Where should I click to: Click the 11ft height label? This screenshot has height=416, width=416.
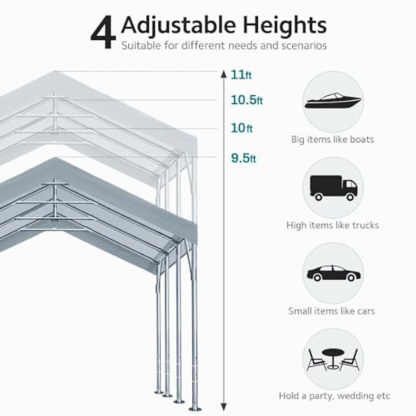(241, 75)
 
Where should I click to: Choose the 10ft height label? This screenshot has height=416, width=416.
(242, 128)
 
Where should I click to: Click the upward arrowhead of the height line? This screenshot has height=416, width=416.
(224, 74)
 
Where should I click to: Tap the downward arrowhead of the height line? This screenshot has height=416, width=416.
(224, 407)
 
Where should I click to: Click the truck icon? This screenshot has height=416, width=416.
(333, 188)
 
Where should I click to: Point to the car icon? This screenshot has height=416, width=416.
(333, 273)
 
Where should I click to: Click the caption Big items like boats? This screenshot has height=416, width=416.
(332, 140)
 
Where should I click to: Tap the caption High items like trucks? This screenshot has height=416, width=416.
(332, 225)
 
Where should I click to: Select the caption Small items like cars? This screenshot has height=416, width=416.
(331, 311)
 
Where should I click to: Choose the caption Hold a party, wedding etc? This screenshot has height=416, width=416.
(335, 396)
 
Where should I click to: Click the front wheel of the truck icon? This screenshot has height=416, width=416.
(350, 197)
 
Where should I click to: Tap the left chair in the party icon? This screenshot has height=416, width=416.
(315, 361)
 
